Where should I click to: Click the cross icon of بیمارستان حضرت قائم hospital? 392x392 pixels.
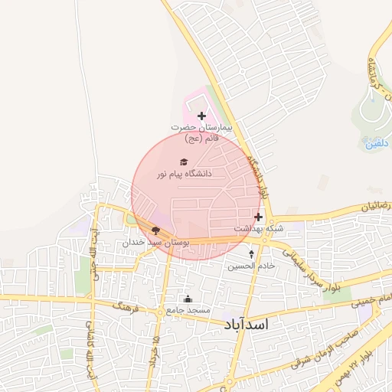point(201,116)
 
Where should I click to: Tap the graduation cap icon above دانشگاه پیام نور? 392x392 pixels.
point(183,162)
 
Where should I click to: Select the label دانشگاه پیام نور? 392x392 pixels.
point(185,174)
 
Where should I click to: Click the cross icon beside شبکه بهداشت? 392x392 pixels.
point(258,217)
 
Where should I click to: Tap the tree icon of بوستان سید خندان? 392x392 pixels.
point(156,230)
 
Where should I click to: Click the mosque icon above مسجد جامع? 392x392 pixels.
point(188,299)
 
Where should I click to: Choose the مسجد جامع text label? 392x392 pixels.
point(188,311)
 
